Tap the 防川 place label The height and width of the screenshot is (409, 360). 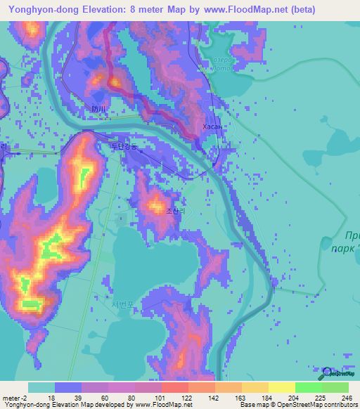coord(98,109)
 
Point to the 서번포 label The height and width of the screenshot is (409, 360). coord(122,306)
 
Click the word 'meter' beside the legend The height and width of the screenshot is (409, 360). coord(11,398)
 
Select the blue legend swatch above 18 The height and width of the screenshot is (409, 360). coord(67,387)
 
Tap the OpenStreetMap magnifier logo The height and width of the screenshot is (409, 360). coord(327,372)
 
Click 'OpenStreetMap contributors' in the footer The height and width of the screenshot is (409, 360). coord(316,405)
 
